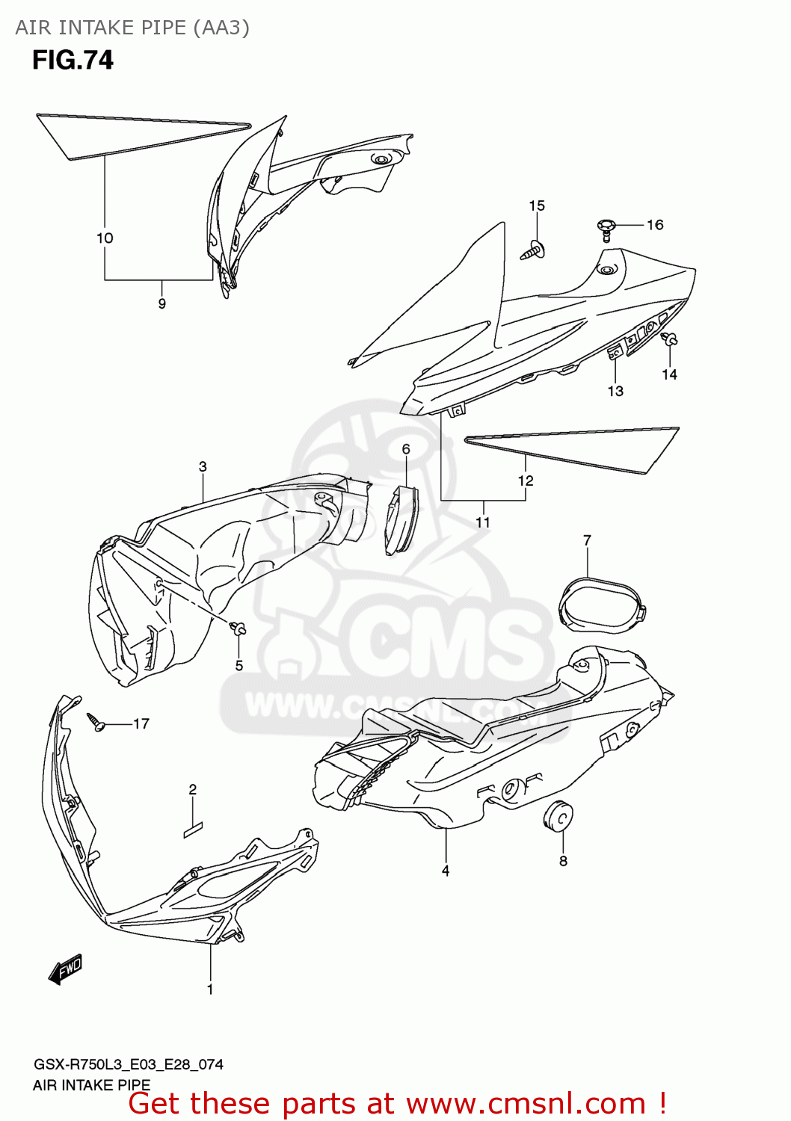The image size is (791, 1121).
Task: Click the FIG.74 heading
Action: (x=73, y=60)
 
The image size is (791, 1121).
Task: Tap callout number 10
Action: (x=105, y=238)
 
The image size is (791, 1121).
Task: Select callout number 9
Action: (x=161, y=303)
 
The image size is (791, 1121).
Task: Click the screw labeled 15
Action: (x=534, y=250)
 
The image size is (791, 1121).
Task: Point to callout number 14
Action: (x=669, y=374)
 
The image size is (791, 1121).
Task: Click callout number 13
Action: (x=615, y=391)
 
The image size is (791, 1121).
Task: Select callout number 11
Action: (x=483, y=522)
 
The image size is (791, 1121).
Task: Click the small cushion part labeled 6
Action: (x=401, y=519)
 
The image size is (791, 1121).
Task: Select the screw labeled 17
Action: (x=96, y=722)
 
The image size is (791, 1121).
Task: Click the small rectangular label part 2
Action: (x=193, y=830)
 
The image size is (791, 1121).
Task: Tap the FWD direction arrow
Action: (x=66, y=969)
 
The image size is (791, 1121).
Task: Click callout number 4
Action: (x=446, y=871)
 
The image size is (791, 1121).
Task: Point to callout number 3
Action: (x=203, y=466)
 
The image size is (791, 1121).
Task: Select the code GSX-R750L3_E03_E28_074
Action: (x=128, y=1064)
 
